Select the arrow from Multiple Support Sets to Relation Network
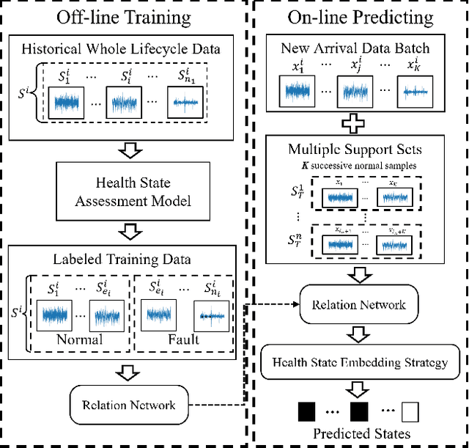click(x=358, y=275)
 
